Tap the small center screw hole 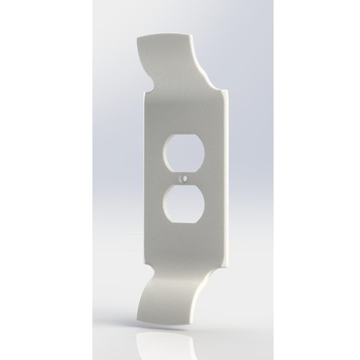181,180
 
